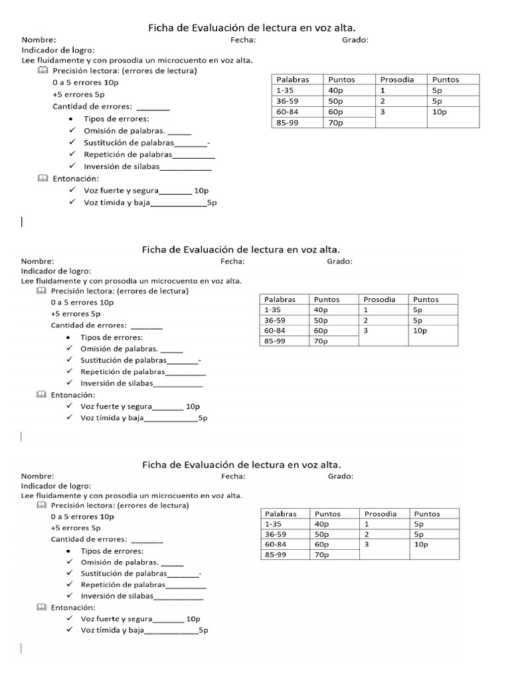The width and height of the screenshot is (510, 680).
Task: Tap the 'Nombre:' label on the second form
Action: (37, 261)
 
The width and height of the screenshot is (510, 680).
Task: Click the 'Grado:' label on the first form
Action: (355, 40)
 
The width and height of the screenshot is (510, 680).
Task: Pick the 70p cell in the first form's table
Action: (335, 123)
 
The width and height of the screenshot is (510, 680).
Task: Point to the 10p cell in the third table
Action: (421, 544)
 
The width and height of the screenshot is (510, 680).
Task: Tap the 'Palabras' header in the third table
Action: (281, 513)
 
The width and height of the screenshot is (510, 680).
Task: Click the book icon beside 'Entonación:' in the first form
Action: (43, 179)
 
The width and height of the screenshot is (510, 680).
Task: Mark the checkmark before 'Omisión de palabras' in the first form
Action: (72, 131)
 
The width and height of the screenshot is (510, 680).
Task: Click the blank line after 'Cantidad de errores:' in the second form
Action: (146, 326)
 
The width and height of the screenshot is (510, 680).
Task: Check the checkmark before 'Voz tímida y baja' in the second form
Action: (69, 418)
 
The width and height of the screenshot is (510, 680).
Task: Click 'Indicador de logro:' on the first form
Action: (58, 50)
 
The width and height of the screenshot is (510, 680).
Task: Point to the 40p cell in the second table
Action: (321, 309)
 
